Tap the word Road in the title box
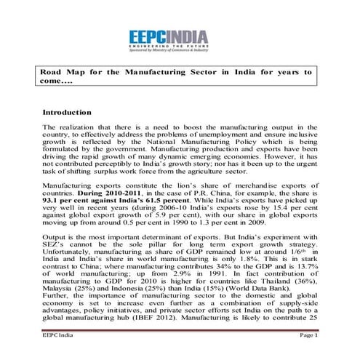pyautogui.click(x=53, y=73)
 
